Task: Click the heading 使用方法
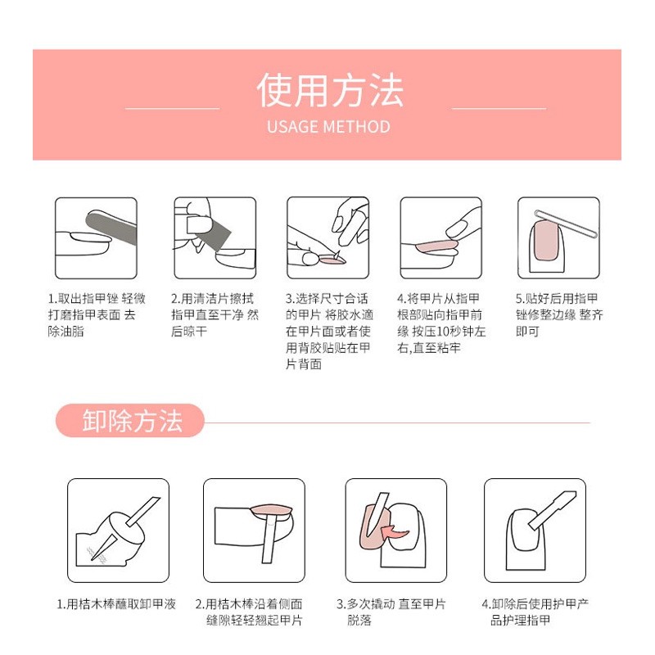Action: pos(330,90)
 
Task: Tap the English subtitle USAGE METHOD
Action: pos(328,127)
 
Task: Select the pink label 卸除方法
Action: pos(132,421)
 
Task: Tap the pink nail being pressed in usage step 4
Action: pos(437,246)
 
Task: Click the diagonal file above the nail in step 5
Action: pos(567,224)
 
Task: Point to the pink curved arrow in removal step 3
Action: pos(395,535)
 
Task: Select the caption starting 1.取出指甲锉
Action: pos(97,315)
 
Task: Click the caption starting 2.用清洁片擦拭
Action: pos(215,315)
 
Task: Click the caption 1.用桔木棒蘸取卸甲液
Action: pos(116,604)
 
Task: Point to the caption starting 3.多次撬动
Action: pos(391,612)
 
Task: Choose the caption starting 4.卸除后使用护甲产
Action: pos(535,612)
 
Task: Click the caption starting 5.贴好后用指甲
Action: pos(559,315)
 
